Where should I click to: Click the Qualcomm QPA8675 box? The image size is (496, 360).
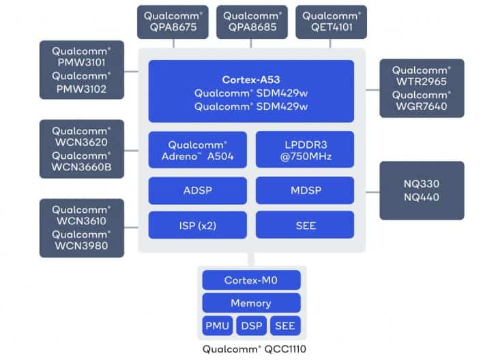pos(174,22)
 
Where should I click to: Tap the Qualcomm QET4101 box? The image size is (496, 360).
pos(332,22)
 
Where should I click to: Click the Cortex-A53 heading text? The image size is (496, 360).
pos(251,80)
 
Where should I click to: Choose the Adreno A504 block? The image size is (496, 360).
pos(197,150)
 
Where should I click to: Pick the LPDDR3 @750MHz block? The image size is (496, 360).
pos(305,150)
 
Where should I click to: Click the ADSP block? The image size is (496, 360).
pos(197,190)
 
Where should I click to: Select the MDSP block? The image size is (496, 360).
pos(305,190)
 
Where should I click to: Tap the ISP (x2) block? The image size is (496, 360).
pos(197,224)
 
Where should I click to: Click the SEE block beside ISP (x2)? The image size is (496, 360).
pos(305,224)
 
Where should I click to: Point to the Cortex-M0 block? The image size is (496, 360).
pos(251,280)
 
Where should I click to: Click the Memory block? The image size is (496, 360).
pos(251,303)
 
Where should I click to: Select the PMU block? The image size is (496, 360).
pos(217,326)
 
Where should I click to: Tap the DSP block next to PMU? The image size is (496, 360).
pos(251,326)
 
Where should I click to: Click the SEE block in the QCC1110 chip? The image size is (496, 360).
pos(285,326)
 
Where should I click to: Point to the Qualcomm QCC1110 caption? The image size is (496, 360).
pos(251,350)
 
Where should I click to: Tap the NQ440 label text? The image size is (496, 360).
pos(422,198)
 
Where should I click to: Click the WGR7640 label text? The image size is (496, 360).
pos(422,108)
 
